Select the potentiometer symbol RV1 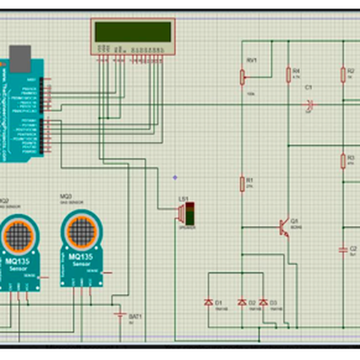(x=243, y=77)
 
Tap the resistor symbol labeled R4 (x=288, y=74)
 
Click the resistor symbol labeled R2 (x=343, y=74)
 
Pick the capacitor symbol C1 (x=310, y=104)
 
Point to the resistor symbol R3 (x=343, y=160)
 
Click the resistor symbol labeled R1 (x=243, y=183)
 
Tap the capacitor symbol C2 (x=343, y=248)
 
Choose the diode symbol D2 (x=242, y=302)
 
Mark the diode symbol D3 (x=263, y=302)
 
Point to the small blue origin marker (x=175, y=177)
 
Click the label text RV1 (x=251, y=61)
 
